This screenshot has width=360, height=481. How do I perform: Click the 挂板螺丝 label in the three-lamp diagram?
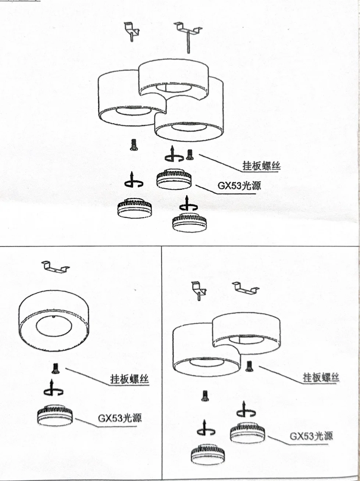click(x=261, y=166)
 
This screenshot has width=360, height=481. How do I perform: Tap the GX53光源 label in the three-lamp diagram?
click(x=239, y=185)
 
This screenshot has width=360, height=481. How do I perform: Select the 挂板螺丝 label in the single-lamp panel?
click(x=130, y=379)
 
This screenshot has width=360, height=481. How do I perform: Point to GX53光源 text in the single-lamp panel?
click(x=120, y=418)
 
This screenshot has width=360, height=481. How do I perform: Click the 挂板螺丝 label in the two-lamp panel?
click(x=321, y=377)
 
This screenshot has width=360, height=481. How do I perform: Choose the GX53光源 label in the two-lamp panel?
click(x=311, y=436)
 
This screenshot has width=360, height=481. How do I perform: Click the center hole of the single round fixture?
click(x=54, y=325)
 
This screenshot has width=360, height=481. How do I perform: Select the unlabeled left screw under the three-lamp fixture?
click(x=133, y=145)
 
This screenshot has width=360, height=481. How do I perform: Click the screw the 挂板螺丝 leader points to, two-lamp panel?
click(x=249, y=366)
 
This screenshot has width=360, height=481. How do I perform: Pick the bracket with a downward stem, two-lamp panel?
click(x=199, y=289)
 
